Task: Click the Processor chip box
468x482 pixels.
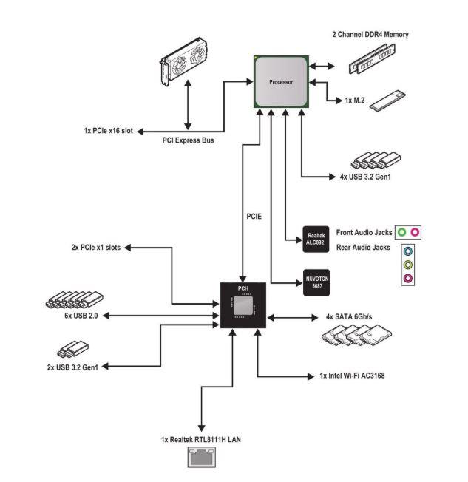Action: (x=282, y=81)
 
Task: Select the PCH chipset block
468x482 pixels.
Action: (x=244, y=305)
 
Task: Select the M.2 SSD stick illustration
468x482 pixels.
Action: (x=387, y=100)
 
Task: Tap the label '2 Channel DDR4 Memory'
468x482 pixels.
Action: (x=369, y=34)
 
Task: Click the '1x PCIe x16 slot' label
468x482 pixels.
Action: (x=108, y=131)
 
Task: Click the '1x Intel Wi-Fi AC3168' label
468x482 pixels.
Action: (x=352, y=376)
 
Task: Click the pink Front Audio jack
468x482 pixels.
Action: (x=415, y=232)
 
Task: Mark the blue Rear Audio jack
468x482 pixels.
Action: (x=407, y=252)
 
